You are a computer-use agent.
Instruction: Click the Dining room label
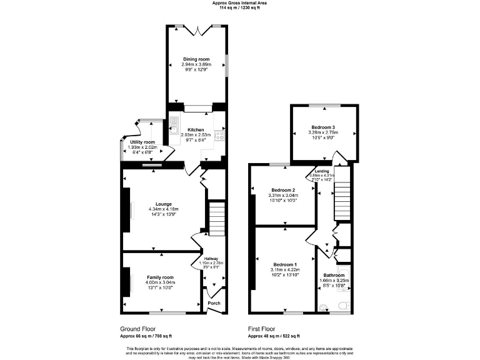click(197, 59)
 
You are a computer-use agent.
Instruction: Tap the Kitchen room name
click(196, 130)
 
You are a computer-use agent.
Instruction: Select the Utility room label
click(142, 142)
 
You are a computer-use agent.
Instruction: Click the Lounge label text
click(164, 203)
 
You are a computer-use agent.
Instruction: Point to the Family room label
click(160, 277)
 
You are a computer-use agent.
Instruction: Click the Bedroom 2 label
click(283, 190)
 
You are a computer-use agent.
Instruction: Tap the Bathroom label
click(334, 275)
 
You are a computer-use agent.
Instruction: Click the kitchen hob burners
click(219, 134)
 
